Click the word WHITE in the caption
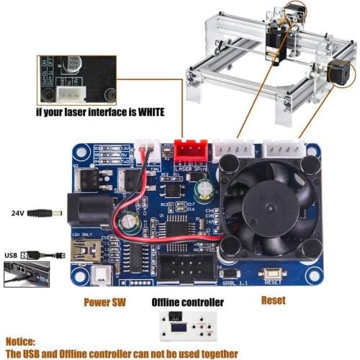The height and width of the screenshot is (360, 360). point(147,112)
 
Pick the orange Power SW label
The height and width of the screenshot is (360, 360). point(104,302)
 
